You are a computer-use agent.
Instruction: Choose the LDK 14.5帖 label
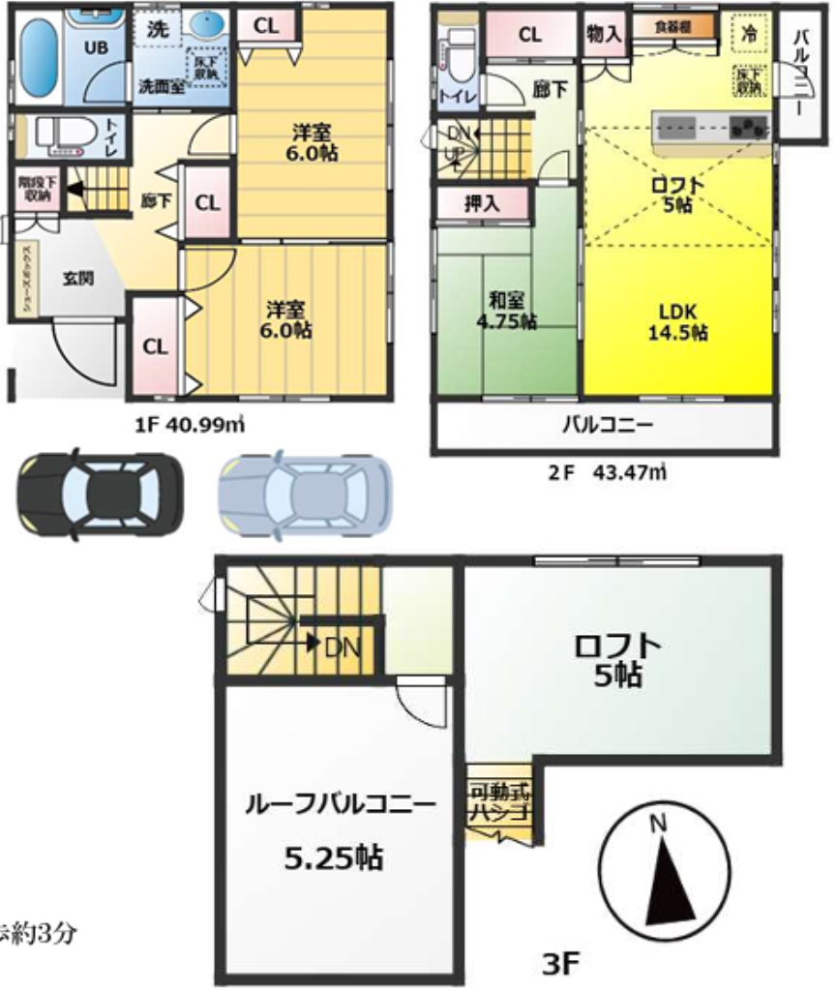click(x=677, y=323)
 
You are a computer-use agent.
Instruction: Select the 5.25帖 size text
click(x=333, y=856)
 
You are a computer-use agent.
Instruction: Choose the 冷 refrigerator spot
click(x=749, y=31)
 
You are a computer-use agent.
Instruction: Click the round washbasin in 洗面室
click(x=205, y=25)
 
